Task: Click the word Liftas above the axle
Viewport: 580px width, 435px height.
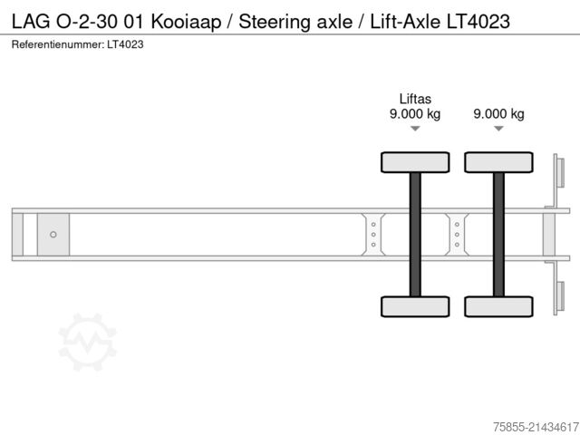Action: tap(415, 98)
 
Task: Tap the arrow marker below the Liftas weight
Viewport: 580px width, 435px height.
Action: tap(415, 130)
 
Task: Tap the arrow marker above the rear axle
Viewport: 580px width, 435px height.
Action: tap(498, 130)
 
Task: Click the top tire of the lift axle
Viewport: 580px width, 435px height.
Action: tap(415, 162)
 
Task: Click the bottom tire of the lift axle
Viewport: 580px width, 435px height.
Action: tap(415, 306)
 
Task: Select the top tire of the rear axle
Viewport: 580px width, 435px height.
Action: tap(498, 162)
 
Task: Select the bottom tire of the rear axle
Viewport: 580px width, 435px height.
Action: tap(498, 306)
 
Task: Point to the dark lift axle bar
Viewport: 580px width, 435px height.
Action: tap(415, 234)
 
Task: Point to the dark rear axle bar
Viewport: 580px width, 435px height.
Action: tap(498, 234)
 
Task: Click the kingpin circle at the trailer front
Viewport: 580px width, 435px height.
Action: tap(53, 235)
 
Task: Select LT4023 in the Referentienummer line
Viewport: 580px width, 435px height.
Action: tap(125, 43)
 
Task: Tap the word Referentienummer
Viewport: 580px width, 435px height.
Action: tap(56, 43)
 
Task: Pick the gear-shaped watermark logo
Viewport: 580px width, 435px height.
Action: tap(88, 342)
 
